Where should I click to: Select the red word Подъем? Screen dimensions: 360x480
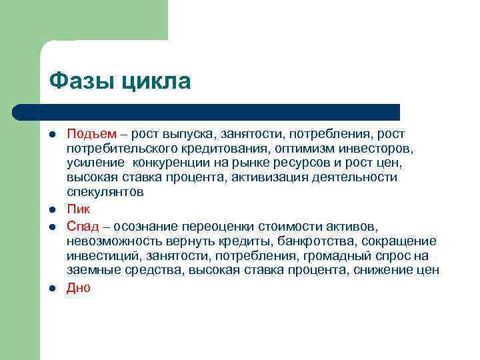click(91, 134)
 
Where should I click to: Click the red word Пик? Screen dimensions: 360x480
click(78, 209)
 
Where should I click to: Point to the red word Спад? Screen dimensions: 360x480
click(83, 226)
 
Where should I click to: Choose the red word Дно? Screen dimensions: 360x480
click(78, 288)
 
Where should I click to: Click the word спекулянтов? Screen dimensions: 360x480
click(105, 192)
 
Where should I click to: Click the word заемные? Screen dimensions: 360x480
click(93, 270)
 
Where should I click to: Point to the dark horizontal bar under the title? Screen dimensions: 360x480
click(207, 111)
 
